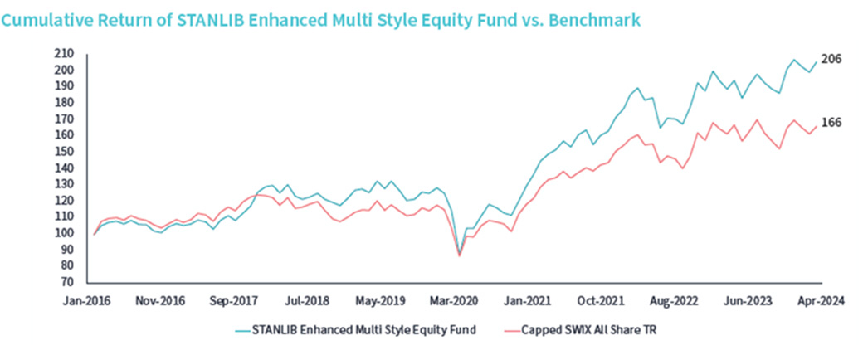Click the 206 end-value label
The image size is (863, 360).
coord(831,60)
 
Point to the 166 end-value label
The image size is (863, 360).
coord(831,123)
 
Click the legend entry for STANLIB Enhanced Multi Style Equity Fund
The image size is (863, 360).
coord(355,331)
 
